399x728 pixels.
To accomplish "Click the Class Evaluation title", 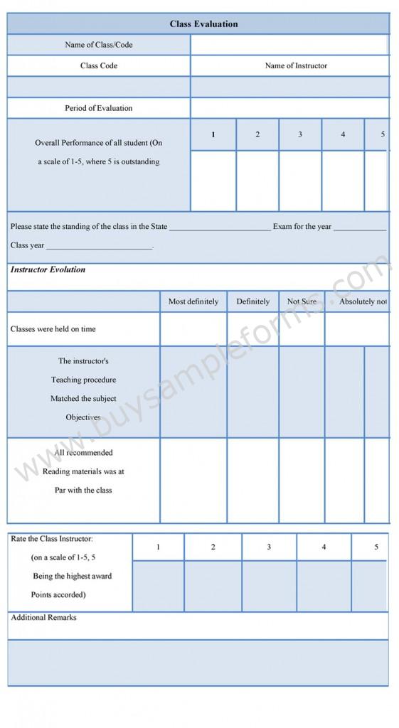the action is (x=203, y=24).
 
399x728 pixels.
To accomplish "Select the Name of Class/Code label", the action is (x=99, y=45).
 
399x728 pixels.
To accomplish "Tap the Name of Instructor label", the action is (x=296, y=65).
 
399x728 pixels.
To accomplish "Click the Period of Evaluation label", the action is (x=99, y=108).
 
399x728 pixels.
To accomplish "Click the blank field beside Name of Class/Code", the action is (x=289, y=45).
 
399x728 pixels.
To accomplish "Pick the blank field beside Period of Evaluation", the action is (x=289, y=108).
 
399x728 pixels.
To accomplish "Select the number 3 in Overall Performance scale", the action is (x=300, y=134).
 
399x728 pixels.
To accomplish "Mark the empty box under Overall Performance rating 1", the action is (x=213, y=181).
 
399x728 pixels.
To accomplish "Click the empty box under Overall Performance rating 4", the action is (x=343, y=181).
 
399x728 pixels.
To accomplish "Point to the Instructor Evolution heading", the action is (x=48, y=270).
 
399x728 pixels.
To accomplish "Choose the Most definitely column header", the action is (x=193, y=301).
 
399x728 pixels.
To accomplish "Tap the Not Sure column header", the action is (x=302, y=301).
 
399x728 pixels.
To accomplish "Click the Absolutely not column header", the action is (x=363, y=301).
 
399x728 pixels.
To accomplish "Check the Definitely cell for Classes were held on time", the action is (x=252, y=329).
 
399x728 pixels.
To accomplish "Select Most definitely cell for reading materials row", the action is (x=193, y=480).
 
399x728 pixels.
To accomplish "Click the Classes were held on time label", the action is (x=53, y=329).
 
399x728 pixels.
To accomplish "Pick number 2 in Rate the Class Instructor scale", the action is (x=213, y=547).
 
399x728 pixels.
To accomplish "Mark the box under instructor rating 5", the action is (x=371, y=586).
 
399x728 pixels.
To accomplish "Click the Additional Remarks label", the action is (x=43, y=618).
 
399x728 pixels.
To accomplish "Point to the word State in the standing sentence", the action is (x=159, y=227).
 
